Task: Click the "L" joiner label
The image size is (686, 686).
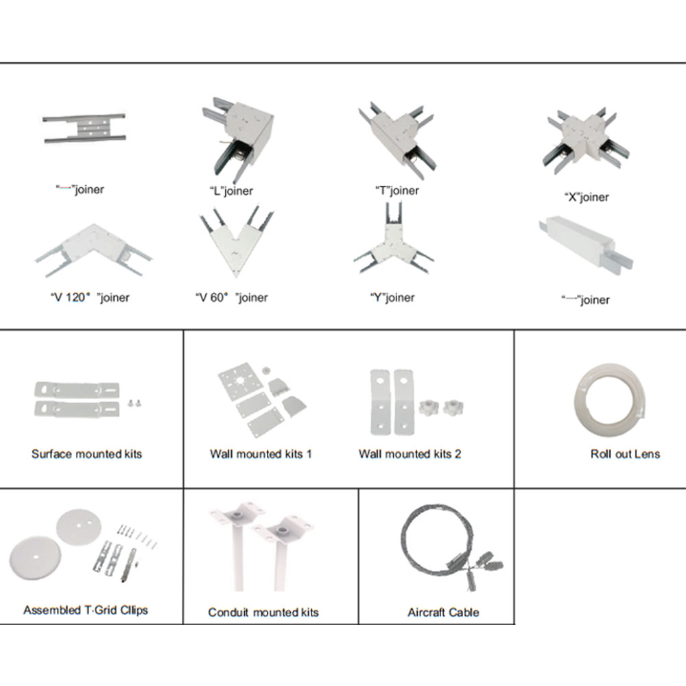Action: point(231,191)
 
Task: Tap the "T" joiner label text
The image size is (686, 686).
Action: point(397,190)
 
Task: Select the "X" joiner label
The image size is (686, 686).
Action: point(587,197)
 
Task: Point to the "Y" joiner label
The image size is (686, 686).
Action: point(392,298)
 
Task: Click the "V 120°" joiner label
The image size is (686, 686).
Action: point(90,298)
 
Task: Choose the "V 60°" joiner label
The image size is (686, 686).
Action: point(231,298)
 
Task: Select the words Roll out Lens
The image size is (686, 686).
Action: point(625,454)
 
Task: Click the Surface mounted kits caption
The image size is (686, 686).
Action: point(86,454)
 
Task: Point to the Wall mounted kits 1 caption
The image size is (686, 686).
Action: point(261,454)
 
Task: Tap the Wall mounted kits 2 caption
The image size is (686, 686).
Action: point(410,454)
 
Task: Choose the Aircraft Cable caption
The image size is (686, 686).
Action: point(443,613)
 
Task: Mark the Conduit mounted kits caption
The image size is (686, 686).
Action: point(263,613)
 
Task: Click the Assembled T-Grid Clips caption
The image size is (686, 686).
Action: point(86,611)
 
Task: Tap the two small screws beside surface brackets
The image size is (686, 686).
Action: point(134,403)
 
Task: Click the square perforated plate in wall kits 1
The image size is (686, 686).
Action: point(240,381)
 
